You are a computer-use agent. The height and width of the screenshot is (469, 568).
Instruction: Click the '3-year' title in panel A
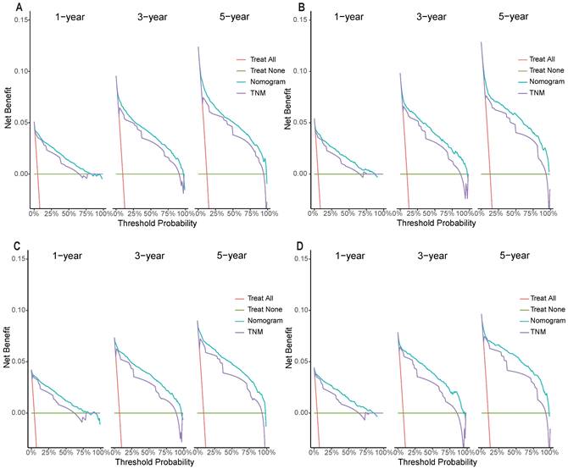[x=150, y=18]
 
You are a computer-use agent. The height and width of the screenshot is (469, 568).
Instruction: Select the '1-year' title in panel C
[x=68, y=257]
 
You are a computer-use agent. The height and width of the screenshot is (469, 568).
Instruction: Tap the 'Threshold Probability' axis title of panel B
[x=432, y=223]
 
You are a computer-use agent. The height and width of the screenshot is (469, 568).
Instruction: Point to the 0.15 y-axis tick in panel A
[x=21, y=19]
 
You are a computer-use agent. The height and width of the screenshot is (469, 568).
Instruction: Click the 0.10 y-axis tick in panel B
[x=304, y=70]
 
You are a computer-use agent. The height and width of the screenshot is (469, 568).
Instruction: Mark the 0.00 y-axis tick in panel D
[x=304, y=413]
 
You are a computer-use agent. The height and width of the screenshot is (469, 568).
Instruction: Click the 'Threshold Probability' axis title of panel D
[x=432, y=462]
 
